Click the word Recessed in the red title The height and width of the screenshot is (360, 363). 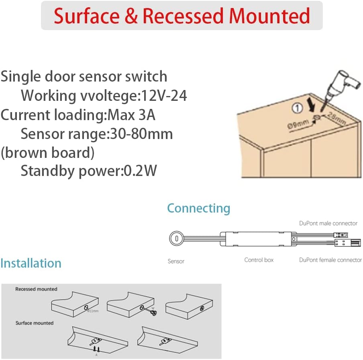[x=183, y=16]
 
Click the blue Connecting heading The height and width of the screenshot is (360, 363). [x=198, y=208]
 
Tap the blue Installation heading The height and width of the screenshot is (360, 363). [x=31, y=263]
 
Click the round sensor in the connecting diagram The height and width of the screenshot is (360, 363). [x=176, y=238]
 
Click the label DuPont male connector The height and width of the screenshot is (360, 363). [x=328, y=223]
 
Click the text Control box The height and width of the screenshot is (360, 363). [x=259, y=260]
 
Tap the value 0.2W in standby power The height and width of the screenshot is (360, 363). [x=140, y=171]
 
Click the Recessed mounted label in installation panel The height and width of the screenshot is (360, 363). [x=36, y=289]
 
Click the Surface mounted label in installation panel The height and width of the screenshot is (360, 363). [x=35, y=323]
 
